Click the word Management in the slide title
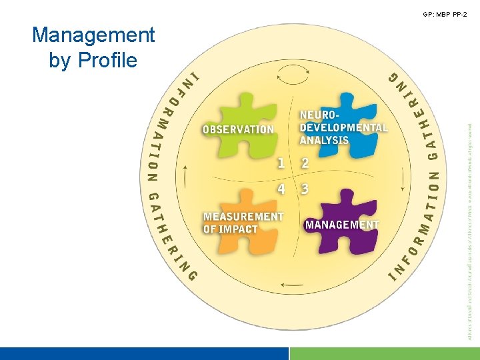tap(93, 35)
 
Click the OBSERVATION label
tap(238, 129)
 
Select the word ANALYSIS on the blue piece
tap(324, 140)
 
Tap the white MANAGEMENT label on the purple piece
tap(342, 225)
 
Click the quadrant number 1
tap(281, 163)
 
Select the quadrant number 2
tap(305, 163)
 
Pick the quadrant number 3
tap(305, 189)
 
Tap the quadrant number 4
tap(281, 189)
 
